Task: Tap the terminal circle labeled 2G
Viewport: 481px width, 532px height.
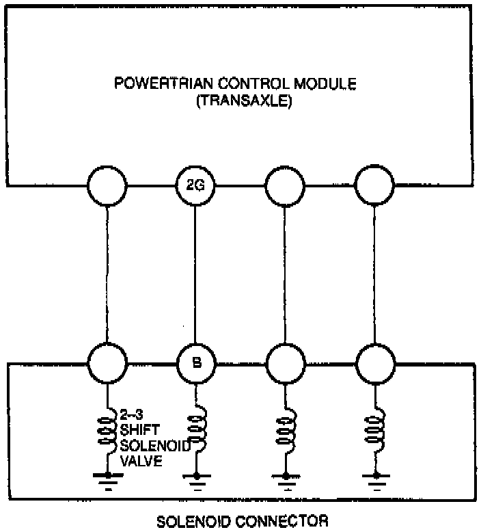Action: (x=195, y=185)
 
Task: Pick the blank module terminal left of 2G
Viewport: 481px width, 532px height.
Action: (x=107, y=185)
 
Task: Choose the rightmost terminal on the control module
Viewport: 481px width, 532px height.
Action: (x=374, y=185)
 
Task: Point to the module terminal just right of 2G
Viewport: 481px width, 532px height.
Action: (x=284, y=185)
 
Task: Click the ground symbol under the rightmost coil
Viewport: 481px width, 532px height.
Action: (x=375, y=480)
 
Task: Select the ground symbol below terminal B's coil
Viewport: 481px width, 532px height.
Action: (x=197, y=480)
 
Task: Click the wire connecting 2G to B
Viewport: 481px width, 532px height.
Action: (x=195, y=274)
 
